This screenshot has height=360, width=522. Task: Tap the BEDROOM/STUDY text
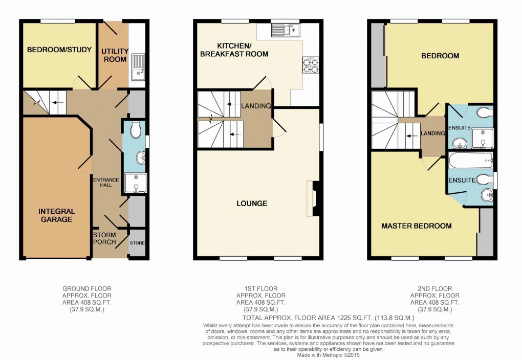pyautogui.click(x=59, y=50)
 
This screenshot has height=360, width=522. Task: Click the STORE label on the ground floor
pyautogui.click(x=137, y=243)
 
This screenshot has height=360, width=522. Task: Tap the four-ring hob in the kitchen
pyautogui.click(x=311, y=64)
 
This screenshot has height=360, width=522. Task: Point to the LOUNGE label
pyautogui.click(x=252, y=204)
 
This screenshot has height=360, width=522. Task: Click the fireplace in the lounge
pyautogui.click(x=313, y=198)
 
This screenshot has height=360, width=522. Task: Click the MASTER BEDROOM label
pyautogui.click(x=417, y=226)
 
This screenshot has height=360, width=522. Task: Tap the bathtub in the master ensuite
pyautogui.click(x=470, y=162)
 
